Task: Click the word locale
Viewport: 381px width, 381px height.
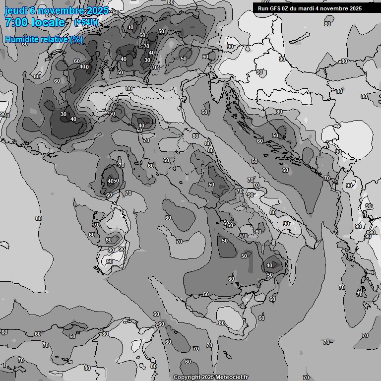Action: [x=49, y=22]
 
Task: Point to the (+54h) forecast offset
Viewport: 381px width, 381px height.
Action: [x=86, y=22]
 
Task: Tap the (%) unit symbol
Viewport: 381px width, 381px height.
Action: [x=76, y=39]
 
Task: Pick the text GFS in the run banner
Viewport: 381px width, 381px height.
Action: [x=275, y=8]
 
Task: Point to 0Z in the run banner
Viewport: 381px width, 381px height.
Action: [x=286, y=8]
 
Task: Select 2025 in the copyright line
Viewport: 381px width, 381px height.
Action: [x=208, y=378]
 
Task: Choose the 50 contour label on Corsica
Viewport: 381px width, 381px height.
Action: [x=116, y=181]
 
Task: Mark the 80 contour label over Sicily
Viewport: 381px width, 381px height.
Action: [x=222, y=322]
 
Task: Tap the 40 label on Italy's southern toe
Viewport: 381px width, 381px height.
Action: [x=269, y=265]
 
